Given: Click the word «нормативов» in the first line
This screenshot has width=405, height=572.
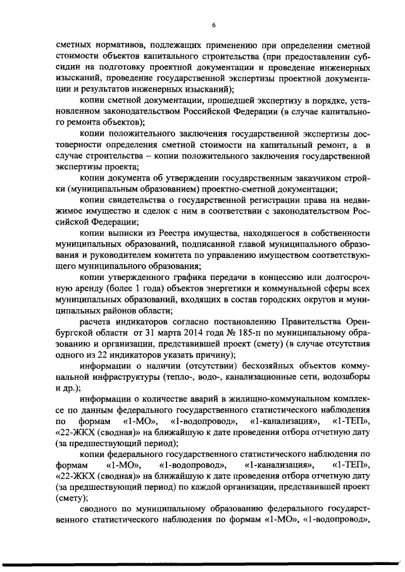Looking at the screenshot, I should coord(120,46).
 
